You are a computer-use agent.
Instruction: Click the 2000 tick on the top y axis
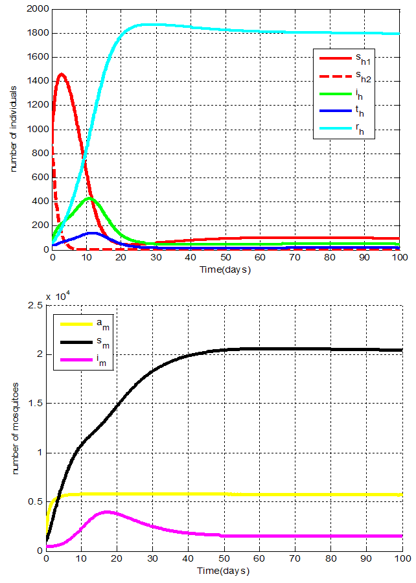(x=37, y=9)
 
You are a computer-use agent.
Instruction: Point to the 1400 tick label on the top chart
(x=37, y=81)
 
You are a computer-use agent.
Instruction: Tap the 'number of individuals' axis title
(x=12, y=130)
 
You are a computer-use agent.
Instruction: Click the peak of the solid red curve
(x=61, y=74)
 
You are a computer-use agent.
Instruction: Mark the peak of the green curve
(x=90, y=198)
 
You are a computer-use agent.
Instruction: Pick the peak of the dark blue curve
(x=92, y=233)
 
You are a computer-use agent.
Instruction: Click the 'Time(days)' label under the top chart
(x=225, y=269)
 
